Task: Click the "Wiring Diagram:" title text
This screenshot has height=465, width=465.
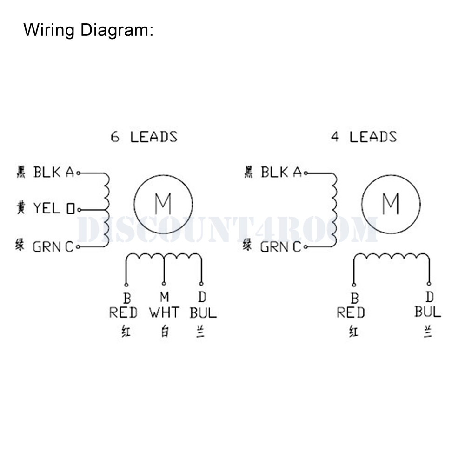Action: tap(88, 30)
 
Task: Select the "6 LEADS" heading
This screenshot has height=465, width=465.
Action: tap(144, 137)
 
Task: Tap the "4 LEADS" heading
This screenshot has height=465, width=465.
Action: tap(364, 137)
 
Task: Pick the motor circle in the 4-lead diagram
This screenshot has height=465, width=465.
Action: tap(391, 203)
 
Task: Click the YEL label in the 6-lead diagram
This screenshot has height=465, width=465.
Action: tap(46, 209)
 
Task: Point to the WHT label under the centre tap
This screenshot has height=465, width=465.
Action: tap(164, 312)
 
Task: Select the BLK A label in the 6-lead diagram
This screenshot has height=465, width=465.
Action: tap(53, 173)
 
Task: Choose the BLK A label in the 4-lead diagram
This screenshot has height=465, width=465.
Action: tap(281, 173)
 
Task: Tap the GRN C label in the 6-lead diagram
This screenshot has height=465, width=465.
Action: tap(53, 246)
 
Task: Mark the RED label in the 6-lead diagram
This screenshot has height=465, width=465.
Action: tap(123, 312)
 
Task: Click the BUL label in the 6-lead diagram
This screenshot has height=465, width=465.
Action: tap(203, 312)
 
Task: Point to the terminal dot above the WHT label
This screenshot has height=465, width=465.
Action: tap(164, 284)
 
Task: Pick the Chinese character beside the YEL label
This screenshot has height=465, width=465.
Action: tap(20, 208)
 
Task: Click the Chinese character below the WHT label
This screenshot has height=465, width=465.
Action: tap(164, 332)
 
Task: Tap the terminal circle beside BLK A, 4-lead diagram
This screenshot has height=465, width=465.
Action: tap(306, 173)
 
